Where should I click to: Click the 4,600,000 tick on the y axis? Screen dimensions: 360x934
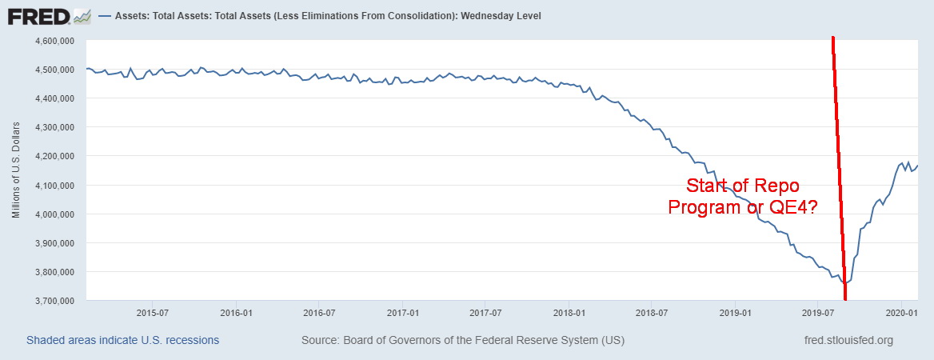pos(54,41)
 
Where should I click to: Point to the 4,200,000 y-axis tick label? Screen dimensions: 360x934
pos(54,156)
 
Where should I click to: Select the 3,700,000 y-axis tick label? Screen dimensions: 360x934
pos(54,301)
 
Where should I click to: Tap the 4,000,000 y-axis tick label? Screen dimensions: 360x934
pos(54,214)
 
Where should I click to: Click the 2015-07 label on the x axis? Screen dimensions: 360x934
pos(151,312)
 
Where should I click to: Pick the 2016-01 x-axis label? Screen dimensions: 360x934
pos(236,312)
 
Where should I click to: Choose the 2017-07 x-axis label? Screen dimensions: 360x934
pos(485,312)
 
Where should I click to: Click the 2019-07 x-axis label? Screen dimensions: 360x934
pos(817,312)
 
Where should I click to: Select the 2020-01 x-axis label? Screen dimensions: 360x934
pos(901,312)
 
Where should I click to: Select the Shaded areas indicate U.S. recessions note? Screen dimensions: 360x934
pos(122,341)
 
